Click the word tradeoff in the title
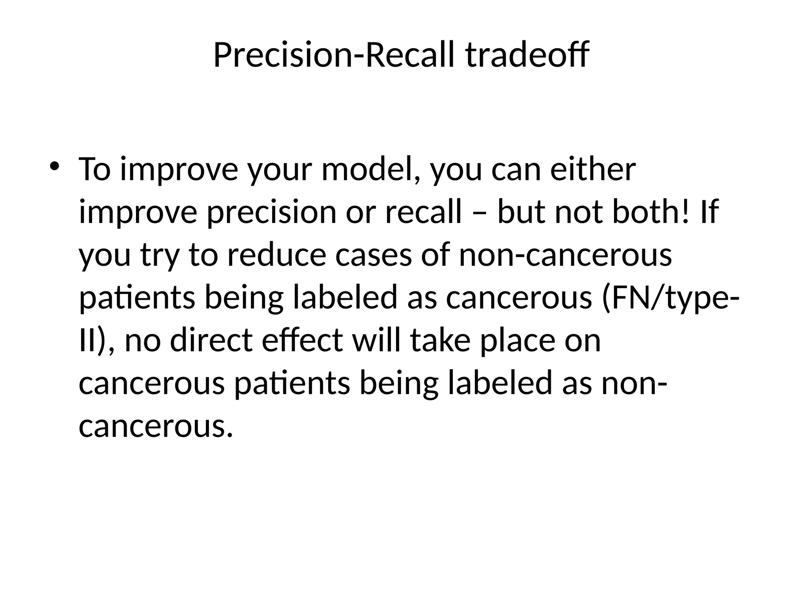pyautogui.click(x=527, y=55)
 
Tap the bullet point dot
pyautogui.click(x=55, y=166)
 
